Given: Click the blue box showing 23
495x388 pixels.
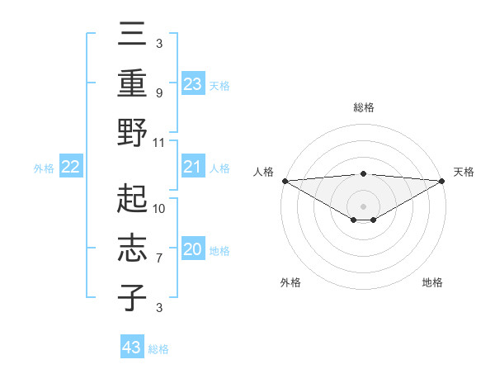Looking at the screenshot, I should coord(192,84).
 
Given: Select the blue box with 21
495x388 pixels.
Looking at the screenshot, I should coord(192,168).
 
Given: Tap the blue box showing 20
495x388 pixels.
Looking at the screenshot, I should coord(192,250).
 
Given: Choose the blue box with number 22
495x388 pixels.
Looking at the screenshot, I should coord(71,168).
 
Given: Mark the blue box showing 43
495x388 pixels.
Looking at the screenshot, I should coord(132,348).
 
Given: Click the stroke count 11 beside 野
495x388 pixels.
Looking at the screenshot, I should coord(159,142).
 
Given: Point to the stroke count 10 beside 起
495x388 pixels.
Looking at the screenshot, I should coord(159,208).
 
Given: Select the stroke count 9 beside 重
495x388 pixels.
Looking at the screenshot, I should coord(159,93).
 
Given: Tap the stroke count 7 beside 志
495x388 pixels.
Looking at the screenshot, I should coord(159,258).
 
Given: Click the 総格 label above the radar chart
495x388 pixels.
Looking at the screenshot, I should coord(363,107).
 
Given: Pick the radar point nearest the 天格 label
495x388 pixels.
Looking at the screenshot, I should coord(441,180).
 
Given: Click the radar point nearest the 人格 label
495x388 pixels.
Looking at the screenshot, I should coord(285,180).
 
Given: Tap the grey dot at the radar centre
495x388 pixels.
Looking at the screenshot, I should coord(363,206).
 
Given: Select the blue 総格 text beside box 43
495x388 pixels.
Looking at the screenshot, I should coord(158,349).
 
